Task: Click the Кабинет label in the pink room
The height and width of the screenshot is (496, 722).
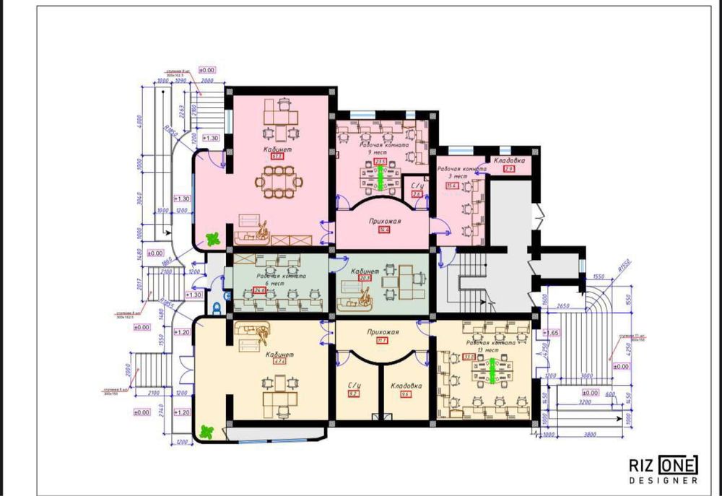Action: coord(277,149)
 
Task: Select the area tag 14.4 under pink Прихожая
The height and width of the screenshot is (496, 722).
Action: coord(384,230)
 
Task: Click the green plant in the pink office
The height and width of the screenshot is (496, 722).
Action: coord(212,238)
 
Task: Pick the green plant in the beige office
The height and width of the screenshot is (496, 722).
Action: coord(207,431)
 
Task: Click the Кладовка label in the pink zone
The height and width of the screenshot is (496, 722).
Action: coord(508,160)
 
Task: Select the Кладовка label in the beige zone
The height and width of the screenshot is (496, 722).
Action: coord(406,386)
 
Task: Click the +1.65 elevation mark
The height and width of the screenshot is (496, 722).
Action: coord(551,333)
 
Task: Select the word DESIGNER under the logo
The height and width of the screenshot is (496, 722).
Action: coord(664,479)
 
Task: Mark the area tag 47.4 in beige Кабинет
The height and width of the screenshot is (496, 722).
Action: coord(279,361)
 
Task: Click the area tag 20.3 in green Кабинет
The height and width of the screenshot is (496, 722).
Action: coord(365,277)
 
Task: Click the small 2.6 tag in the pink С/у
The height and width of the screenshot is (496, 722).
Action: coord(417,194)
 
